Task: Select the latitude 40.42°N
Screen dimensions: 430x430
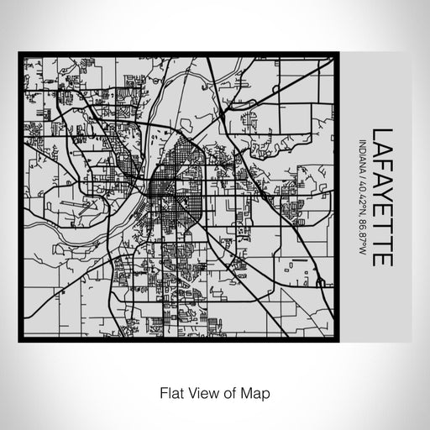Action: click(x=361, y=200)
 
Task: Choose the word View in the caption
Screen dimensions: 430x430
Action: click(x=202, y=392)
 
